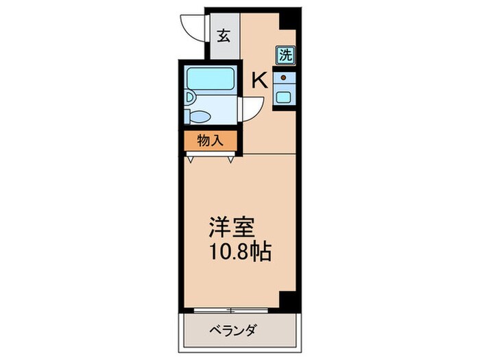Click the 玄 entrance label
tap(223, 36)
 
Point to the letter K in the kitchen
tap(259, 80)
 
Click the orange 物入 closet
tap(210, 141)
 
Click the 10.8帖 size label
tap(240, 252)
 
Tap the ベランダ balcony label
tap(232, 332)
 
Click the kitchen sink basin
tap(284, 97)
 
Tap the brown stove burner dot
tap(283, 77)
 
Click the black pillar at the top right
tap(291, 20)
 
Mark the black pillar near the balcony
tap(289, 300)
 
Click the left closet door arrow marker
tap(190, 158)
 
